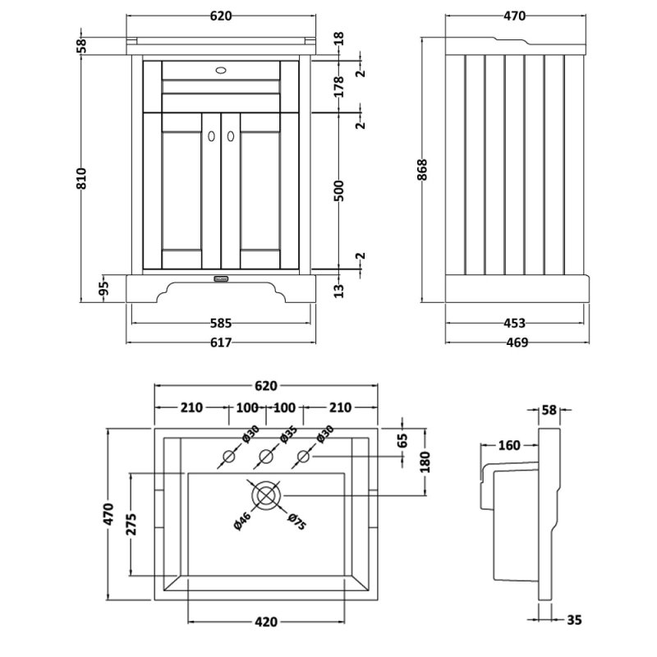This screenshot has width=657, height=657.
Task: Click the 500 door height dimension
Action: tap(339, 191)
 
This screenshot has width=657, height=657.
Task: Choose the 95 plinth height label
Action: tap(104, 287)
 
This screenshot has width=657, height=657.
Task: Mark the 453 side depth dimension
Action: tap(514, 323)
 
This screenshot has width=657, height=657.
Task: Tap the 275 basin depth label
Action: tap(132, 524)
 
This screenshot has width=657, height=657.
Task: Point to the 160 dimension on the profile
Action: tap(509, 446)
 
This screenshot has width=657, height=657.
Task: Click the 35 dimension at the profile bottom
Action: tap(574, 621)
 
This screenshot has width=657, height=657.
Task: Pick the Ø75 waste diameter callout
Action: tap(296, 521)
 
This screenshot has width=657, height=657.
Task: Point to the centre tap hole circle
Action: tap(265, 457)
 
